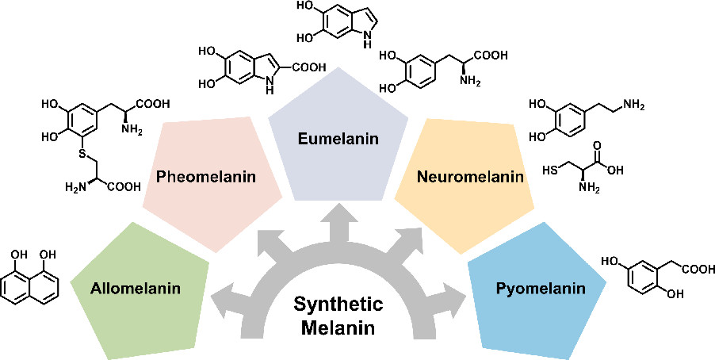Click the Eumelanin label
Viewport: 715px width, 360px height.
(338, 140)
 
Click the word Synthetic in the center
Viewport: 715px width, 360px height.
(338, 304)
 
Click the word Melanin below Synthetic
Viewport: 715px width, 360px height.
(338, 327)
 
